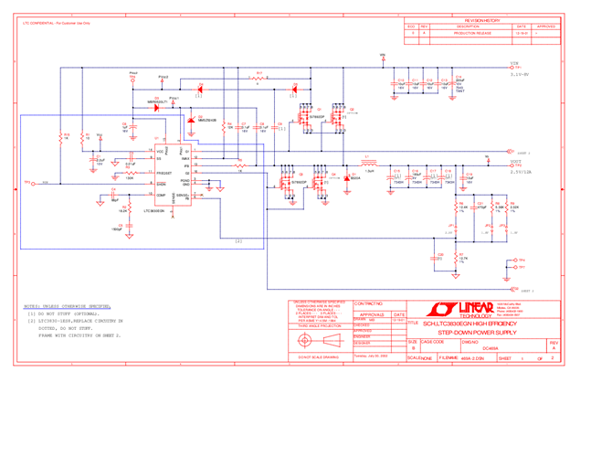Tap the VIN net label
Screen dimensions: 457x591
514,63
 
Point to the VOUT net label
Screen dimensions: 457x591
516,160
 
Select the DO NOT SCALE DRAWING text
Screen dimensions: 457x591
315,359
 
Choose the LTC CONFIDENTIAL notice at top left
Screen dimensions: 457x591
55,20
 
